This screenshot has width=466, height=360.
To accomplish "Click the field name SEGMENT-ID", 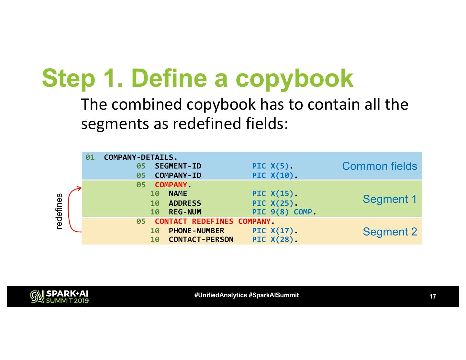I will tap(178, 166).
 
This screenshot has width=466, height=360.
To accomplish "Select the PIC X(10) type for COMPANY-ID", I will tap(274, 176).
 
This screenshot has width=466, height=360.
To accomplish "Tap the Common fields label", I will tap(379, 166).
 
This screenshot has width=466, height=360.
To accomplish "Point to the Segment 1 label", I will tap(390, 199).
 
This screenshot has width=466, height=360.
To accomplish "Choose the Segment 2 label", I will tap(390, 232).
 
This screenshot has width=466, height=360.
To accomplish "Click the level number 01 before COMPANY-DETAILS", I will tap(90, 158).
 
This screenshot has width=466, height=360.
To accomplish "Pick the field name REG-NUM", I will tap(185, 212).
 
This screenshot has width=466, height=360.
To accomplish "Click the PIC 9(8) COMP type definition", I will tap(283, 212).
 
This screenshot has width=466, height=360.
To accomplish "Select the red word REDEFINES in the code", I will tap(212, 222).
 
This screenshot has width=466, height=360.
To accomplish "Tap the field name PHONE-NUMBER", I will tap(196, 231).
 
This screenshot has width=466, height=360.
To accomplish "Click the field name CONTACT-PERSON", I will tap(201, 240).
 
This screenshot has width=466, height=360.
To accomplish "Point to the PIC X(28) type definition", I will tap(274, 240).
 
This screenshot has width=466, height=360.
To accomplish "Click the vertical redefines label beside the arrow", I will tap(59, 212).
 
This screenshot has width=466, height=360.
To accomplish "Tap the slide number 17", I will tap(432, 297).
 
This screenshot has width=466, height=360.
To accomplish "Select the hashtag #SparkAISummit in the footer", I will tap(274, 295).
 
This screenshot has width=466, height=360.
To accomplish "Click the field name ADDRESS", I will tap(185, 203).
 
